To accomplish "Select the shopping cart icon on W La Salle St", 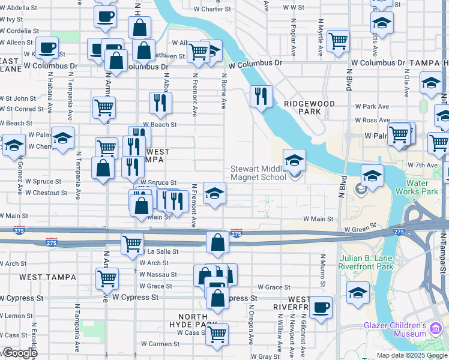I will [132, 244].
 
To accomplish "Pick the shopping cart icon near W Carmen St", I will [217, 334].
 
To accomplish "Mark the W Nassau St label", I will [158, 274].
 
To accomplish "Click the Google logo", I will [19, 353].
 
